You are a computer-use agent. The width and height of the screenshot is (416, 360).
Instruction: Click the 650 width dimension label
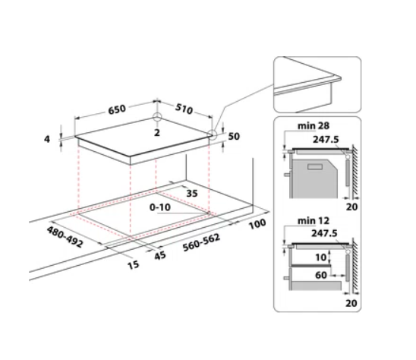(x=117, y=109)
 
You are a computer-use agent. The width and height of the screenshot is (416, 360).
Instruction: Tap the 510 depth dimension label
(x=184, y=109)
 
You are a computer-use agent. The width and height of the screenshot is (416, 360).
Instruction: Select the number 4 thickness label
(x=47, y=139)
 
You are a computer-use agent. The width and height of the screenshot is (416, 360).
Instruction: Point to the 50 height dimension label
(x=234, y=136)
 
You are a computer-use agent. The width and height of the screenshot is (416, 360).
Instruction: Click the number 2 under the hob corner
(x=157, y=132)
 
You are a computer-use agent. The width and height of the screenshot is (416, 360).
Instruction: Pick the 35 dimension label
(x=192, y=193)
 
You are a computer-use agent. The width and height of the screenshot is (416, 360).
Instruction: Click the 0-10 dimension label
(x=160, y=207)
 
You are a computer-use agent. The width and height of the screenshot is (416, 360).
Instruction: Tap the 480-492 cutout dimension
(x=65, y=237)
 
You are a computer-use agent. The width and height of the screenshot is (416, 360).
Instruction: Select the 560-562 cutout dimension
(x=201, y=242)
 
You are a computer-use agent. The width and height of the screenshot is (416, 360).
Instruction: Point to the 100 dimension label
(x=257, y=224)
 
